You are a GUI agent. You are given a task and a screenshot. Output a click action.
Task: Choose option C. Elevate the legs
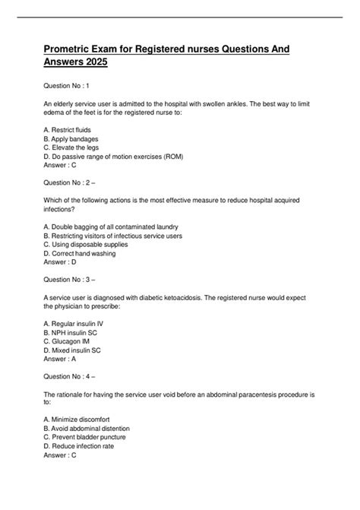79,148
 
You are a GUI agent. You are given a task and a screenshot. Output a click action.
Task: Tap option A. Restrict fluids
73,130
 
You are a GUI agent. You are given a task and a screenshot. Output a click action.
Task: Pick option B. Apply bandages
77,139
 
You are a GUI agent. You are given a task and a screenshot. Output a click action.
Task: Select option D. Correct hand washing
80,254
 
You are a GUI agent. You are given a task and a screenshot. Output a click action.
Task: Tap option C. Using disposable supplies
88,245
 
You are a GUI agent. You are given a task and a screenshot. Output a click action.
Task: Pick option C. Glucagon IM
72,341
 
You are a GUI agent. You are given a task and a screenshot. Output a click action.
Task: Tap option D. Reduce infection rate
84,447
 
